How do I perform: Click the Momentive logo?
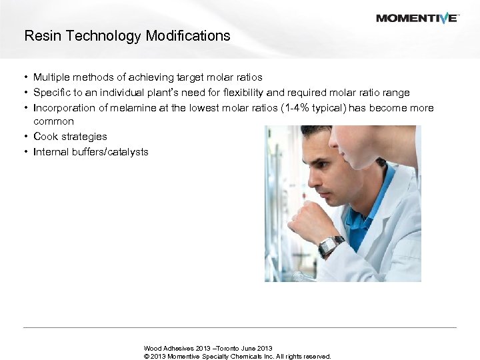coord(417,18)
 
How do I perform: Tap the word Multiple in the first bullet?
coord(50,77)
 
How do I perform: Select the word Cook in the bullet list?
coord(45,136)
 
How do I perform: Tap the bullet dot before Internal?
coord(25,151)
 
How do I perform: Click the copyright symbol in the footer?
coord(147,356)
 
